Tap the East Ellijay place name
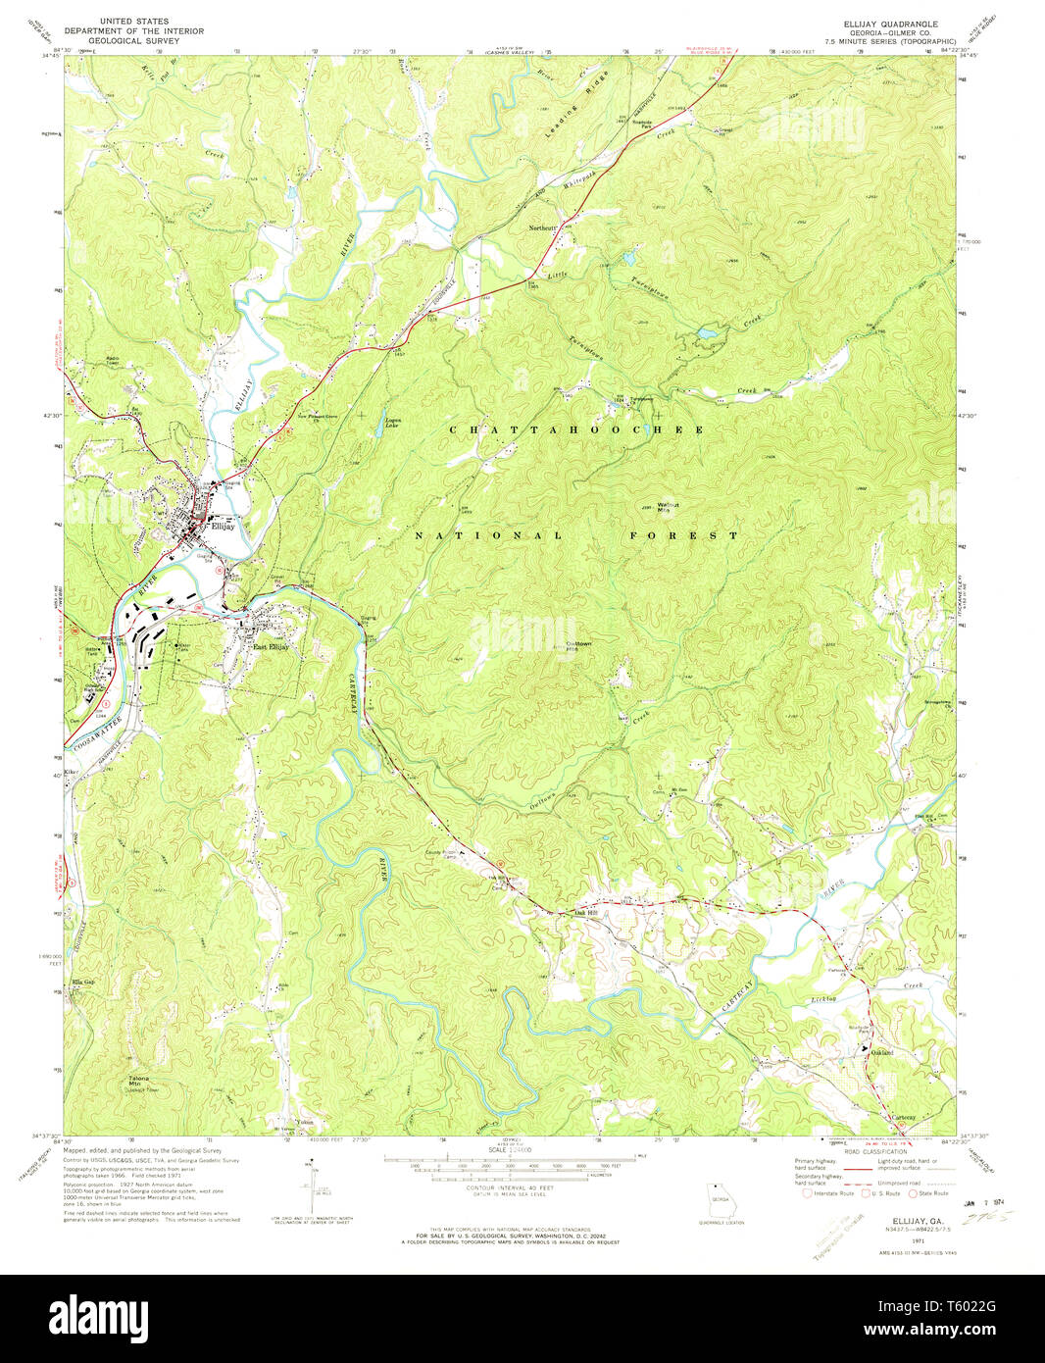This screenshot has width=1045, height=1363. click(x=271, y=646)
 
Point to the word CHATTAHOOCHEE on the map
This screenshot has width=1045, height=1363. click(x=575, y=430)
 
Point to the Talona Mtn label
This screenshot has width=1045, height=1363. click(x=140, y=1083)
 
